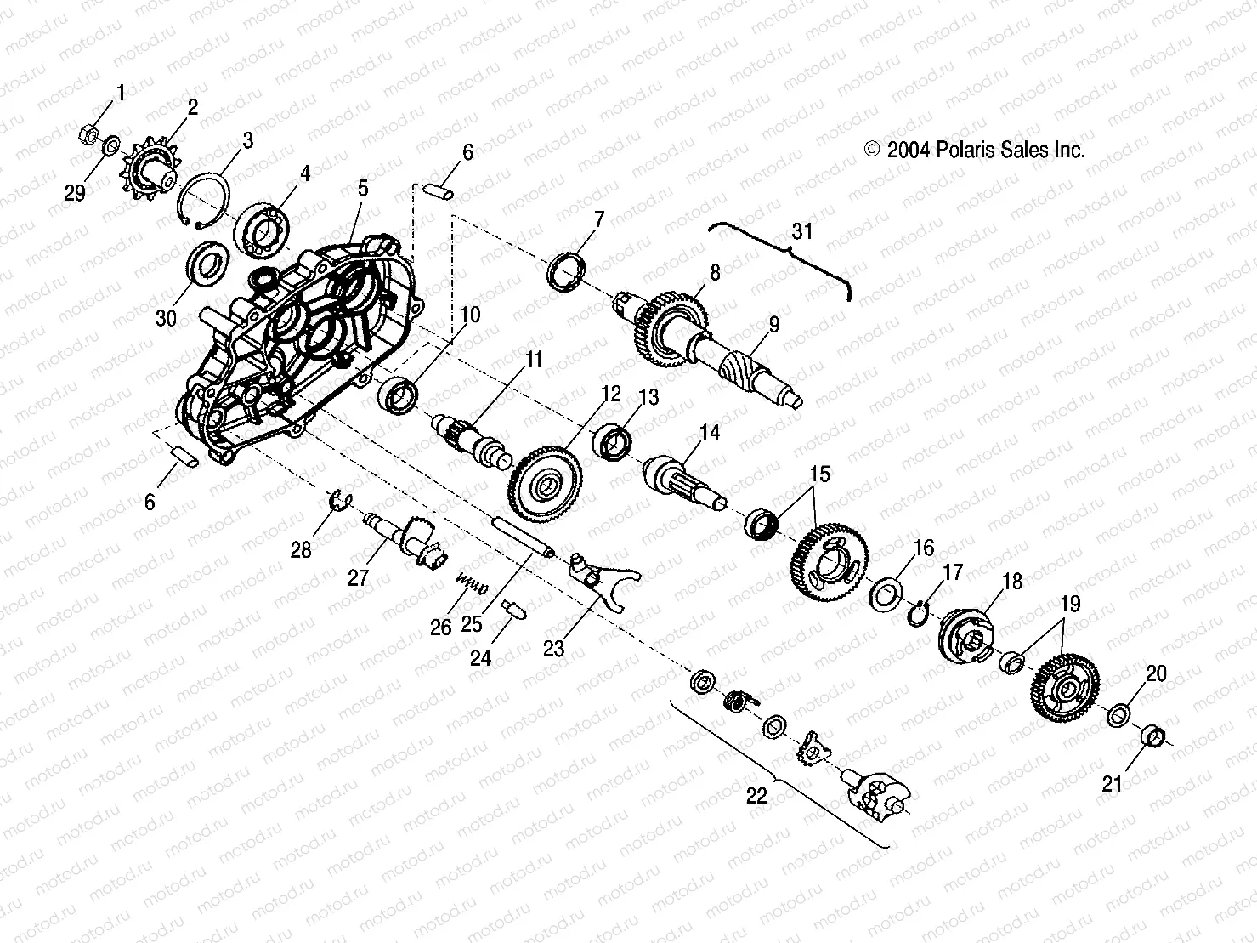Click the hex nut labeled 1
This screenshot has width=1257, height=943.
coord(88,133)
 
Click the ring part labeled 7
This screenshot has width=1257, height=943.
coord(566,270)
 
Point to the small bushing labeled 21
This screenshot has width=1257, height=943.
coord(1151,735)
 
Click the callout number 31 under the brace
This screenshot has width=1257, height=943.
coord(802,230)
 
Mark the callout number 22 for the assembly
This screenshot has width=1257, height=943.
coord(756,795)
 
